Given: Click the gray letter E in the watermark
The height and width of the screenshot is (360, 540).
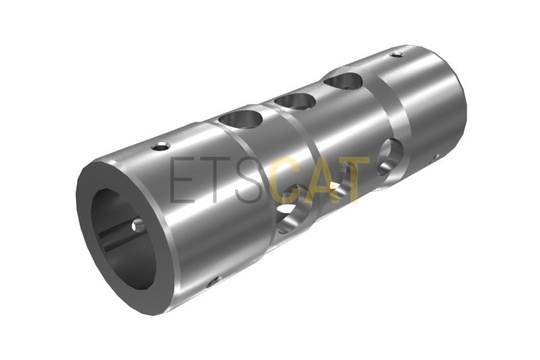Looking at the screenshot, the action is [181, 179].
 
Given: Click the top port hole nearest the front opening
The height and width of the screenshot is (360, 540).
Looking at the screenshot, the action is [241, 118].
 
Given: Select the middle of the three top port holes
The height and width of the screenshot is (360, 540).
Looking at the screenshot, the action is [295, 101].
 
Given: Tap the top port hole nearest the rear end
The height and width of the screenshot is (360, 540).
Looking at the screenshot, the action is [343, 82].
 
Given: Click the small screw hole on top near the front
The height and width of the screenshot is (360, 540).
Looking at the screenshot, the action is [161, 146].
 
